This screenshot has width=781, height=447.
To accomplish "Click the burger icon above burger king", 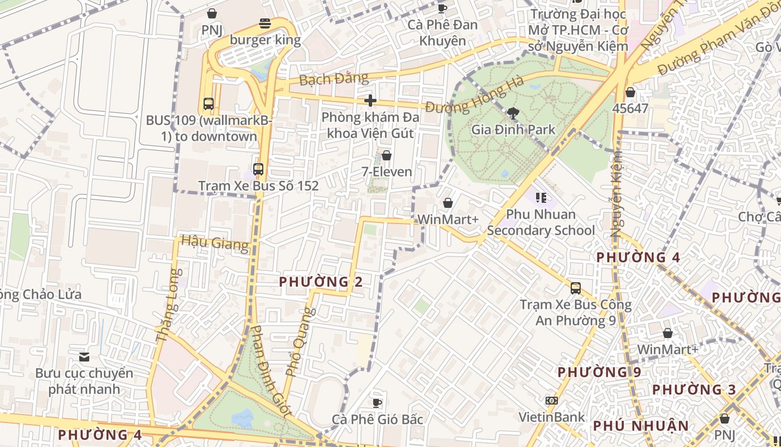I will tap(265, 23).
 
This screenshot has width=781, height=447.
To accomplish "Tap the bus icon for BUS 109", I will tap(208, 103).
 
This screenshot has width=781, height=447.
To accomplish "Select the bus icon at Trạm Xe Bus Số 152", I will tap(258, 169).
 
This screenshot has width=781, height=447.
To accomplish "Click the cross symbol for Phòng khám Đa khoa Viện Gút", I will tap(370, 101).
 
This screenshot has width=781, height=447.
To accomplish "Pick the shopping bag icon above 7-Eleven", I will tap(386, 155).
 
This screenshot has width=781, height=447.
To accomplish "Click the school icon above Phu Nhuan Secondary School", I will tap(541, 198).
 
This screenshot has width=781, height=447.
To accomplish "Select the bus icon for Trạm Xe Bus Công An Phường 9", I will tap(576, 288).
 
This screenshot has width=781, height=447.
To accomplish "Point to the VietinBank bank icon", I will tap(551, 401).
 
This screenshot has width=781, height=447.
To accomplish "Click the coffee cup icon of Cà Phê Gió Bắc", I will tap(377, 402).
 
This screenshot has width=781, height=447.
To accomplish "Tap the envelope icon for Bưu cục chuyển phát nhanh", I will tap(84, 356).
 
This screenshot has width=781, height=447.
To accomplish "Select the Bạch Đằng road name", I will tap(334, 79).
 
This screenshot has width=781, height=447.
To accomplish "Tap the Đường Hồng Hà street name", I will tap(474, 94).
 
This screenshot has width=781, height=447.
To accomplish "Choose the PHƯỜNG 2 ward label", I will tap(321, 282).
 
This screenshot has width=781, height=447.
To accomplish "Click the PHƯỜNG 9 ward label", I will tap(599, 372).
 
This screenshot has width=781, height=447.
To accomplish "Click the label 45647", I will tap(630, 108).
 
